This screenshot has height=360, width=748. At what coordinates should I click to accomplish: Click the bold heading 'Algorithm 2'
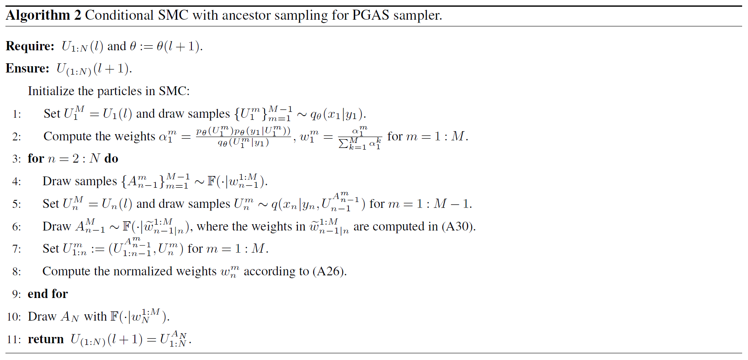pos(43,16)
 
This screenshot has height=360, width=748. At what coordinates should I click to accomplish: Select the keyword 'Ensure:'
pos(28,68)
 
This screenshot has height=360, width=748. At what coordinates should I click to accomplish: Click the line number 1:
pos(17,114)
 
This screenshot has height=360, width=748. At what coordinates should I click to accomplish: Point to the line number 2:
pos(17,137)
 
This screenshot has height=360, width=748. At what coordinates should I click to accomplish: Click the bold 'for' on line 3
pos(36,159)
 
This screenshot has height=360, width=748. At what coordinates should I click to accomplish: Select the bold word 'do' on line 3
pos(111,159)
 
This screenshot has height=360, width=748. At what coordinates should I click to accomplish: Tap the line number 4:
pos(17,181)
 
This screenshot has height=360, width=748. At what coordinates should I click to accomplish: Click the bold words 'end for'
pos(47,294)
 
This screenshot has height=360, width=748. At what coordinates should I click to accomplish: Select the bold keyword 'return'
pos(46,339)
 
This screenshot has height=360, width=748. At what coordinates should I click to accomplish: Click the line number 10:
pos(14,317)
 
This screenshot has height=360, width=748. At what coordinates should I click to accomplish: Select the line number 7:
pos(17,249)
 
